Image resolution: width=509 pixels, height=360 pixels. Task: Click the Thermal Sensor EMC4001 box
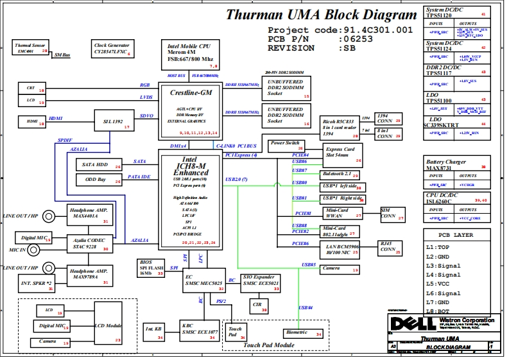coord(31,49)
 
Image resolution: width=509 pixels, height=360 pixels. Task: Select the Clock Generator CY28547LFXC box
coord(113,49)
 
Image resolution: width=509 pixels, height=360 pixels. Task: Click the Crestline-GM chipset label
coord(191,93)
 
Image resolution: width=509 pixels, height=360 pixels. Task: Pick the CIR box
coord(257,304)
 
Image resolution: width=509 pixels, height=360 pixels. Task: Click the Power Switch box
coord(285,143)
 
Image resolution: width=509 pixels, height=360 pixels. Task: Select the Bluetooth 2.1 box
coord(340,174)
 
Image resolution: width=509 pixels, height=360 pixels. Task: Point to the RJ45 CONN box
coord(391,248)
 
